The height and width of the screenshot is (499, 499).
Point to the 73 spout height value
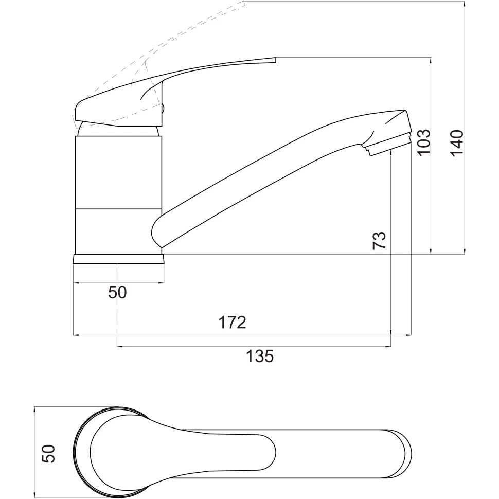pos(379,240)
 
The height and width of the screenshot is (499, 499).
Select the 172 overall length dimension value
pos(232,323)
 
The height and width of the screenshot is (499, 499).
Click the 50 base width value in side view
pos(117,292)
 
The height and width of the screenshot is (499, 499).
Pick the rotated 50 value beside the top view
pos(48,453)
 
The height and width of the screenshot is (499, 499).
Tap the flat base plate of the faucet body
pos(119,259)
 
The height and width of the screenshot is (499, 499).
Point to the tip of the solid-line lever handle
pos(275,59)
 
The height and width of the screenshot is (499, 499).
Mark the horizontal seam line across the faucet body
pos(119,209)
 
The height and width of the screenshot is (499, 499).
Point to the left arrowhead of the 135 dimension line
pos(120,347)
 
